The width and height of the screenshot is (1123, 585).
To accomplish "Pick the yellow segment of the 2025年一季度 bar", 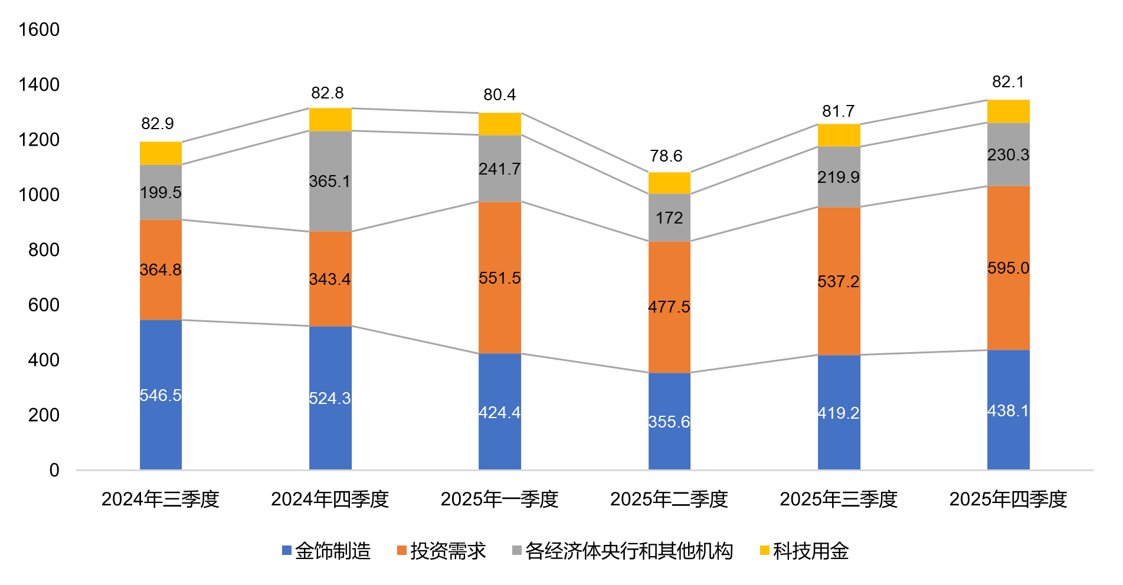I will point(500,124).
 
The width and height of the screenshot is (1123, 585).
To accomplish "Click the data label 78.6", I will point(666,156).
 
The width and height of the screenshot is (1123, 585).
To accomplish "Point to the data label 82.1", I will point(1008,82).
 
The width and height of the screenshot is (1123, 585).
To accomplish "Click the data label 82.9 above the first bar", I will point(158,124).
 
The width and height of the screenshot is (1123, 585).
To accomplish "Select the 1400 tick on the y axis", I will point(39,85).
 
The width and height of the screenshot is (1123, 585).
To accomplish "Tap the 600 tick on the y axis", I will point(44,305).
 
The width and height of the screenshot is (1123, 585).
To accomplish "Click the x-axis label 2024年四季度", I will point(330,499).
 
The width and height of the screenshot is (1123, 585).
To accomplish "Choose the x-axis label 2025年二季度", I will point(669,499).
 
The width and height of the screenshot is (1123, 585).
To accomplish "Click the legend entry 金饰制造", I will point(333,551).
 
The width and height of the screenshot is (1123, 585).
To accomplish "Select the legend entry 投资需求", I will point(448,551).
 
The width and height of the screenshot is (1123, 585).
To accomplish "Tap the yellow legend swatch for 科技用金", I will point(764,551).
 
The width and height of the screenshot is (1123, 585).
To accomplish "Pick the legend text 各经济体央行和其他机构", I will point(629,551).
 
